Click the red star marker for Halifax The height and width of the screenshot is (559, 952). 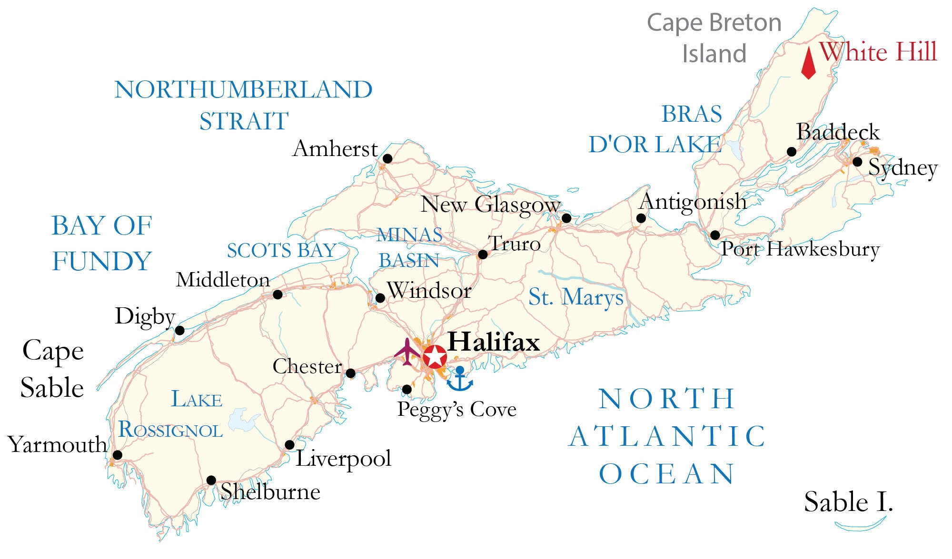[x=435, y=356]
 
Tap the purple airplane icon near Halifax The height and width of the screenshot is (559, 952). [x=407, y=352]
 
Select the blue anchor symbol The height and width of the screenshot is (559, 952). [x=460, y=379]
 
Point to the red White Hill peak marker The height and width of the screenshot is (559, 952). [x=808, y=63]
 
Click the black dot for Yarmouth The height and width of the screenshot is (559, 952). [x=117, y=455]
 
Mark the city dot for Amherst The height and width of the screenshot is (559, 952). [x=387, y=158]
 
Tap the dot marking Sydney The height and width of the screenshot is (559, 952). [x=857, y=162]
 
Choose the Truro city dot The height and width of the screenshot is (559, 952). [x=483, y=255]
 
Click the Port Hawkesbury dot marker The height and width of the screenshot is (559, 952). [x=715, y=235]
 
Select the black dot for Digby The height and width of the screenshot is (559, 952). [x=180, y=331]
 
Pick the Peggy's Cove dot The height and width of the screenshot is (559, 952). [x=407, y=390]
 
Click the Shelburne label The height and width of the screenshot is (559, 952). [x=270, y=492]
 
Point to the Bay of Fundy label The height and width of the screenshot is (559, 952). [x=102, y=243]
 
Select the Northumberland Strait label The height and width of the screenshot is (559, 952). [x=244, y=105]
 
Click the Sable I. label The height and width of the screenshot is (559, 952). [x=848, y=502]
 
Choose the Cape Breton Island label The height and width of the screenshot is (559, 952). [x=714, y=38]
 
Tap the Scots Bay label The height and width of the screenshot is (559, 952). [x=282, y=251]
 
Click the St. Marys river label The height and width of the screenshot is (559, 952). [x=576, y=298]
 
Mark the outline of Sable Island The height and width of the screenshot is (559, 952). [x=861, y=527]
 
